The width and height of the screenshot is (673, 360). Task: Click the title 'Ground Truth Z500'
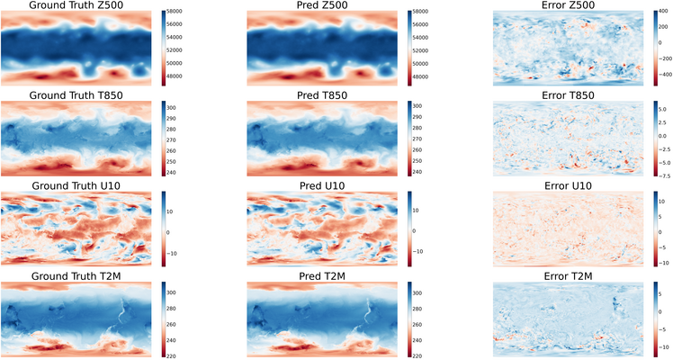[x=76, y=5]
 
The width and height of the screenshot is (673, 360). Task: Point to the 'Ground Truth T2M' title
[x=76, y=274]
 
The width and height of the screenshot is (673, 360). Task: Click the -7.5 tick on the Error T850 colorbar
[x=666, y=176]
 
